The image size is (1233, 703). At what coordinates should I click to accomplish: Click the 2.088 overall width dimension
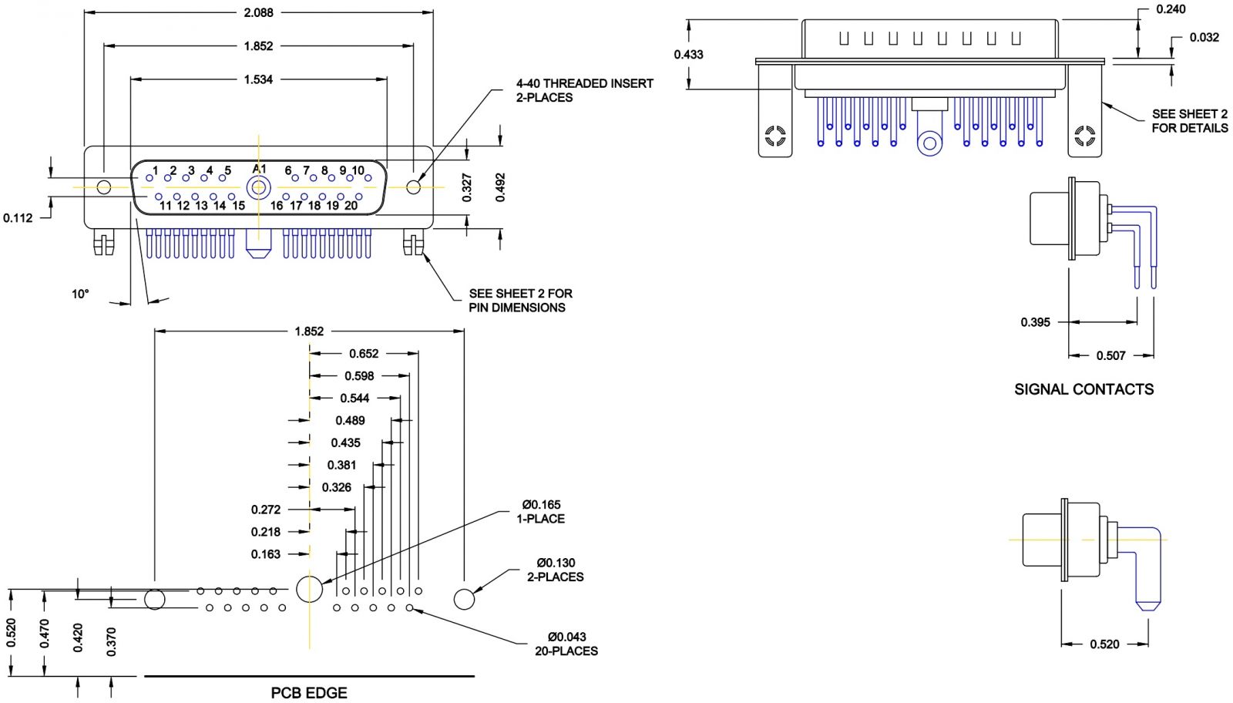258,12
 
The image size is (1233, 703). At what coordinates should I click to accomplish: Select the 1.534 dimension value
258,79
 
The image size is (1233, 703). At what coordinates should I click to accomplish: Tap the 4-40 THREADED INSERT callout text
584,90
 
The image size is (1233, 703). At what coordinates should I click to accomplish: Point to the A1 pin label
259,169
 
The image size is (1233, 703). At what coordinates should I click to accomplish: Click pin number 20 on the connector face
351,205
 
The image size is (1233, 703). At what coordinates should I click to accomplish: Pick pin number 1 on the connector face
155,170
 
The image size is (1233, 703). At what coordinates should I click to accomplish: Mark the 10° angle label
80,294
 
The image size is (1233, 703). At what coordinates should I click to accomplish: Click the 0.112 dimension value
18,218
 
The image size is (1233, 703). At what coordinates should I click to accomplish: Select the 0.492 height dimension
500,187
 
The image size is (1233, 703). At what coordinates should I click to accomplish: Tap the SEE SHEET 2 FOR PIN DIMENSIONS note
520,300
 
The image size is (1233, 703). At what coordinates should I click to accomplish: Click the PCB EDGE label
309,693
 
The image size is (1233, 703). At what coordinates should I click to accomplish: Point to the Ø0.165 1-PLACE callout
541,512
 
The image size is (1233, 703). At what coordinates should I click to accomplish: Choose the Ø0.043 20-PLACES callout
566,644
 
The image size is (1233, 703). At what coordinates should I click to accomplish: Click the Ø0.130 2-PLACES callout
556,570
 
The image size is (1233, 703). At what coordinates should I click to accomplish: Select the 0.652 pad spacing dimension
364,354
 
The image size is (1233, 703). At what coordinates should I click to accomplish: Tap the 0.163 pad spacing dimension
266,554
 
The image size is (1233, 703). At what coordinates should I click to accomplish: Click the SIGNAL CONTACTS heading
1083,389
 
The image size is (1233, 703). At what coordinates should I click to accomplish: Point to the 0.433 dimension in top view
688,54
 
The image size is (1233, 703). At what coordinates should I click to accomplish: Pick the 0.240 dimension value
1171,9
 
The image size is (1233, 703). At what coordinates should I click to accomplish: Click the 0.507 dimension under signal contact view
1110,355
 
